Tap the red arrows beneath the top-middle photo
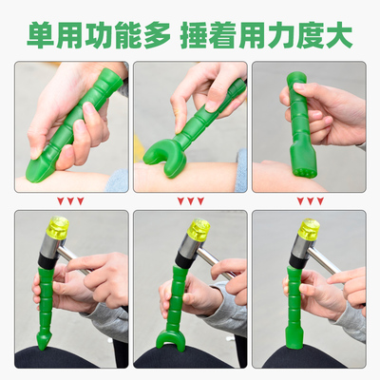pyautogui.click(x=189, y=200)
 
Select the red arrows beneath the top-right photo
pyautogui.click(x=312, y=200)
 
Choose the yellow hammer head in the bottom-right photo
pyautogui.click(x=309, y=228)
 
